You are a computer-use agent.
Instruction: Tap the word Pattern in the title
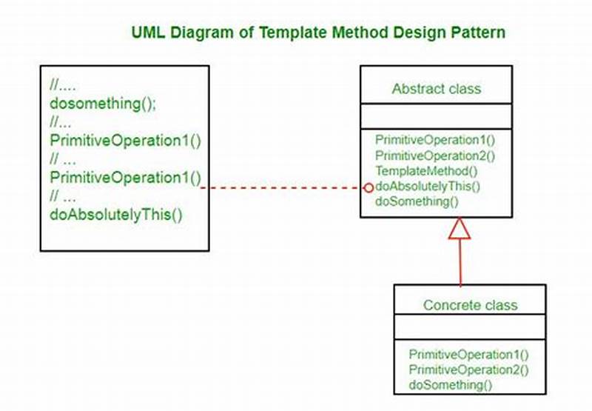pos(480,33)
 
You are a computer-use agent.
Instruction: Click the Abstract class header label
pos(436,89)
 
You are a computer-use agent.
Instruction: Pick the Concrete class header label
pos(470,305)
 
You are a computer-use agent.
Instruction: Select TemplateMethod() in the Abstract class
pos(416,171)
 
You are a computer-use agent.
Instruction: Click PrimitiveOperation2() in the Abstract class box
pos(434,156)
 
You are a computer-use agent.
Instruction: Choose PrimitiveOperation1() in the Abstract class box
pos(434,140)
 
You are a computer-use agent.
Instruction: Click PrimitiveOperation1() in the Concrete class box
pos(468,355)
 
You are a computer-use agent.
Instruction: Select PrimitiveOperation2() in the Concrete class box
pos(468,370)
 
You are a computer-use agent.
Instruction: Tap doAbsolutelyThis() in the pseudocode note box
pos(116,215)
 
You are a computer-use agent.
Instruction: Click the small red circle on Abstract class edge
pos(369,188)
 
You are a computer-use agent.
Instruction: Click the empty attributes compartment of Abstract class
pos(436,116)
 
